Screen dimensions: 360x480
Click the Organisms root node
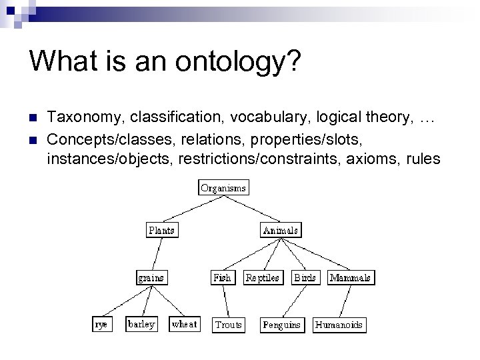tap(223, 187)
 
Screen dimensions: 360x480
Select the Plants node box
tap(161, 231)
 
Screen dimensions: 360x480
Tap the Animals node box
tap(281, 231)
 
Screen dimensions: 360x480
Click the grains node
tap(151, 277)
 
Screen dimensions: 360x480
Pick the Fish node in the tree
tap(222, 277)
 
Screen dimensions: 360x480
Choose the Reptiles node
tap(262, 277)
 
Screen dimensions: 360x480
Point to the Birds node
tap(305, 277)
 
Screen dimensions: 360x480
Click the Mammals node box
tap(351, 277)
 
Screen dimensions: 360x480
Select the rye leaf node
tap(102, 324)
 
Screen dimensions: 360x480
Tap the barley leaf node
tap(141, 324)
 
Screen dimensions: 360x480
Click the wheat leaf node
tap(184, 324)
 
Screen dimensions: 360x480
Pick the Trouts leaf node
tap(228, 325)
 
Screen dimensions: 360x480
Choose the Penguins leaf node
tap(281, 325)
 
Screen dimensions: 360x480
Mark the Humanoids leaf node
tap(339, 325)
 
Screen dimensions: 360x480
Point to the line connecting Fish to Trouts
tap(223, 301)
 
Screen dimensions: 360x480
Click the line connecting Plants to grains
tap(156, 254)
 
